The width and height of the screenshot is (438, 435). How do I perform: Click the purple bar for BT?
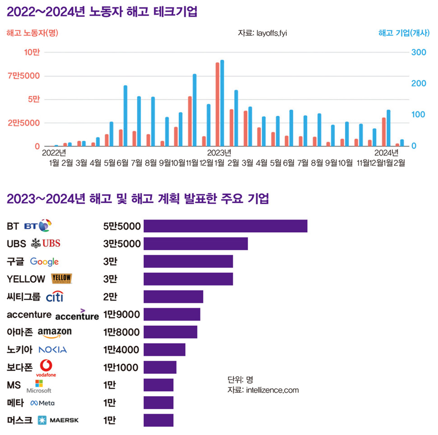[225, 226]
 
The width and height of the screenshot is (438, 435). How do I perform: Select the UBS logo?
[46, 244]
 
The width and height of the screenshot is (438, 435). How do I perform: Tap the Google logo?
[44, 261]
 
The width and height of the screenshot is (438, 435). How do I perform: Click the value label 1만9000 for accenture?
[121, 314]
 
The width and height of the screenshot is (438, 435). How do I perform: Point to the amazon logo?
[54, 333]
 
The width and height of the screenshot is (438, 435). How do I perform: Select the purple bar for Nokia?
[164, 350]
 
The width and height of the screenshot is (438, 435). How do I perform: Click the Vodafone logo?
[46, 368]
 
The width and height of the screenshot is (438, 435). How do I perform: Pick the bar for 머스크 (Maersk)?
[158, 420]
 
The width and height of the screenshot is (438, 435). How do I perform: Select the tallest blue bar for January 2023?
[222, 103]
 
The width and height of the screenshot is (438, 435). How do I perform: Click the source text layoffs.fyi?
[262, 33]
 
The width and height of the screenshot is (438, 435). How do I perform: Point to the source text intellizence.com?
[263, 390]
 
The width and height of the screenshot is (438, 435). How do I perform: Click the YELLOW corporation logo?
[61, 279]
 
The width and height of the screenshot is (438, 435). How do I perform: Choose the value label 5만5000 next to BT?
[122, 226]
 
